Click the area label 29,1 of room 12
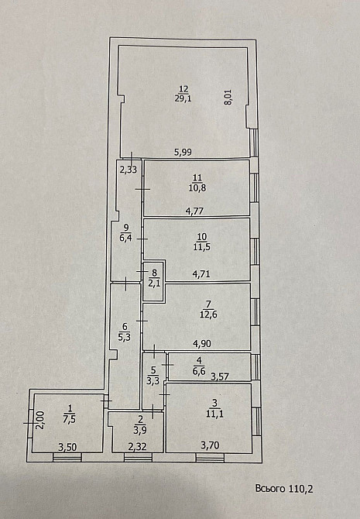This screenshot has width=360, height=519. (183, 98)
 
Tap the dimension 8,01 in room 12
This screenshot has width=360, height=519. (228, 98)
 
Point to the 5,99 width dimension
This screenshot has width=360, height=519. (183, 153)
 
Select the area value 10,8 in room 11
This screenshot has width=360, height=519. (197, 188)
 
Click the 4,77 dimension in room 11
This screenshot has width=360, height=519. (194, 211)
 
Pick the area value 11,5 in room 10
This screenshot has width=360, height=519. (202, 247)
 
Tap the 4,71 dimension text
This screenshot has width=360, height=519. (201, 274)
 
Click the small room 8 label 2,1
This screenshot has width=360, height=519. (154, 283)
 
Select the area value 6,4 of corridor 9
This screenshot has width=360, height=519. (126, 237)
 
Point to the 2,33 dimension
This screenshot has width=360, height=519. (129, 170)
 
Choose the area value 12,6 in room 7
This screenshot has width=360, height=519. (208, 314)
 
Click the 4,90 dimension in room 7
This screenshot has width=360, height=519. (202, 344)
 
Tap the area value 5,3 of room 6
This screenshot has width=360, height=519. (124, 337)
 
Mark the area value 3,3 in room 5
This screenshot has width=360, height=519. (153, 380)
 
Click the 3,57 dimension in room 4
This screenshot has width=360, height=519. (220, 376)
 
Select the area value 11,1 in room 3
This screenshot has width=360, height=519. (214, 414)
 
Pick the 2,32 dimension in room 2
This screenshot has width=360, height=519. (137, 447)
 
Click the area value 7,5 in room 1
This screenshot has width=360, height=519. (70, 419)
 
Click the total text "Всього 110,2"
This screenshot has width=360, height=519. (284, 489)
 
